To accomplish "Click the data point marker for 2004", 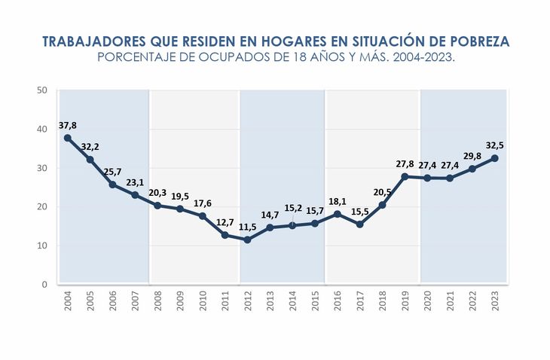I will (x=68, y=138).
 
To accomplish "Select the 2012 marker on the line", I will (x=247, y=239).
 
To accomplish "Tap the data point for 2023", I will (x=494, y=158).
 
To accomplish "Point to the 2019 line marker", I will (x=405, y=176).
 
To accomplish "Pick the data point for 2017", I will (x=359, y=224).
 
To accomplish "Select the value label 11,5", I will (x=247, y=226).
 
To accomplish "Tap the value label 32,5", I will (x=494, y=145).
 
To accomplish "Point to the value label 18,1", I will (x=337, y=201).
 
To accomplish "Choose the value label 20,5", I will (x=382, y=191).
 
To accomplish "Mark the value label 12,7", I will (x=225, y=222).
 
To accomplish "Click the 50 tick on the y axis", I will (x=42, y=90).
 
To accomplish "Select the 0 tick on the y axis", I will (x=45, y=285).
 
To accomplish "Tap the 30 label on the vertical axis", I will (x=42, y=168).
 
